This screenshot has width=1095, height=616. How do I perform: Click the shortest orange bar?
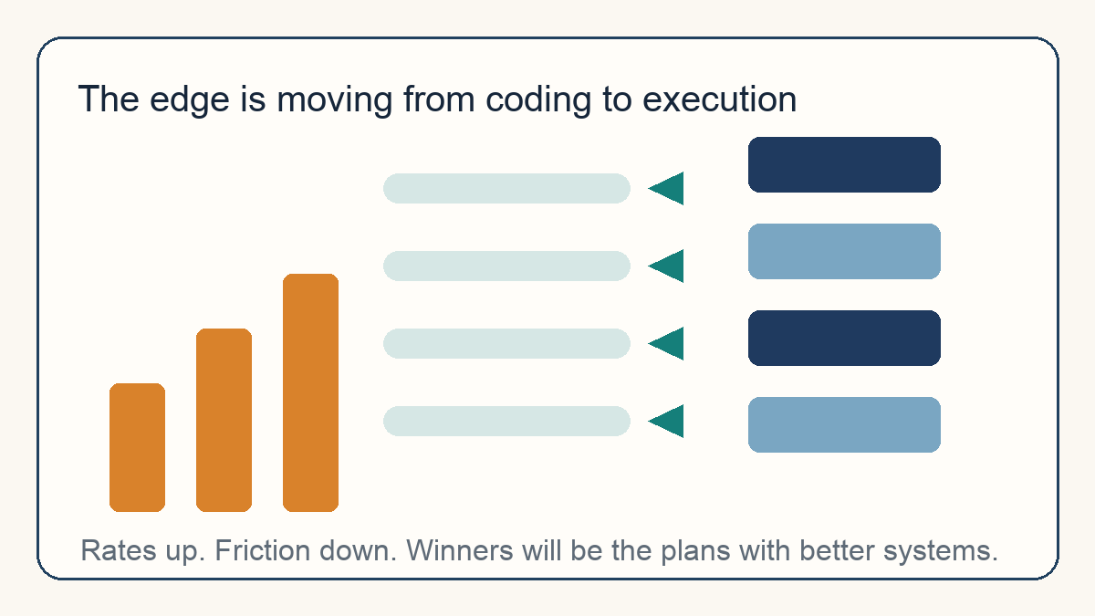coord(138,447)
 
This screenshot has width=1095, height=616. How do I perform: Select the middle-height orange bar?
coord(224,420)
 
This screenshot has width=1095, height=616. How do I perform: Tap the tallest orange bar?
coord(310,392)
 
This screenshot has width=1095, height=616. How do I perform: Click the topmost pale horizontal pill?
coord(506,188)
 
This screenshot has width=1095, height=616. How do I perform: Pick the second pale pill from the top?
coord(506,266)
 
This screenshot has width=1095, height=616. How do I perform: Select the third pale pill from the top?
coord(506,343)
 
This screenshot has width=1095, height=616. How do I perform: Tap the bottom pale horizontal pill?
coord(506,421)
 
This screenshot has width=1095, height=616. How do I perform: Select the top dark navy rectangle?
coord(844,165)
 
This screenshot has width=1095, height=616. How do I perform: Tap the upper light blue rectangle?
coord(844,251)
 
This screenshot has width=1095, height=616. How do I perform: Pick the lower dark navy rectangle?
coord(844,338)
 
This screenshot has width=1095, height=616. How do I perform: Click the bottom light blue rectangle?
coord(844,425)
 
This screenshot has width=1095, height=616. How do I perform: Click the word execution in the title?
coord(720,99)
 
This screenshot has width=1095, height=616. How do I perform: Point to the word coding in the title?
coord(538,100)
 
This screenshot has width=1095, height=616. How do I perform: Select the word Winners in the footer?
coord(460,550)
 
